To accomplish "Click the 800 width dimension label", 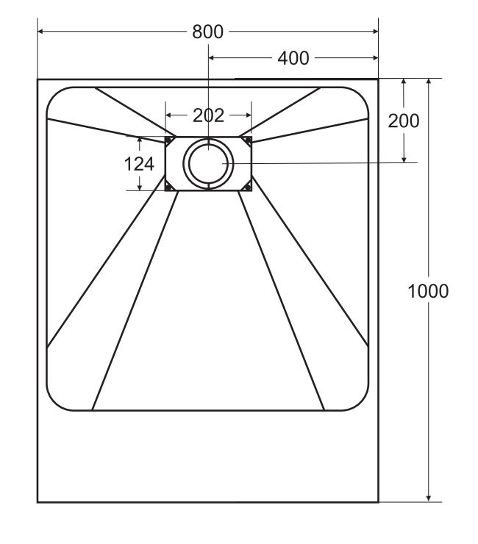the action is click(207, 32).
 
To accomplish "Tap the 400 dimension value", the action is click(293, 58).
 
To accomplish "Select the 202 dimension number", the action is click(208, 115).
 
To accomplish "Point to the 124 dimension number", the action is click(139, 164).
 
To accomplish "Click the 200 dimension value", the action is click(404, 121).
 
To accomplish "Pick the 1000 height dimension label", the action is click(428, 291).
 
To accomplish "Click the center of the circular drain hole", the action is click(208, 163).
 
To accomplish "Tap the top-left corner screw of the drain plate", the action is click(169, 140).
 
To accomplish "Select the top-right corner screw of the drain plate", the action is click(248, 140).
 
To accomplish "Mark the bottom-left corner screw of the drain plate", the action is click(169, 187).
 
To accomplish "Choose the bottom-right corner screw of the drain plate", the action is click(248, 187).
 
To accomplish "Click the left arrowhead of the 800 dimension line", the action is click(40, 32).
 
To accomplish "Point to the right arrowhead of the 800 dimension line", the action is click(375, 32).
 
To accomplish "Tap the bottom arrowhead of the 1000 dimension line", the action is click(429, 498).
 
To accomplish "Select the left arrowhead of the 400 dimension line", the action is click(211, 58).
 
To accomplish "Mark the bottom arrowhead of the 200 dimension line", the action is click(404, 160).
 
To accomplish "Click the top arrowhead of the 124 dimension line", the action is click(140, 140).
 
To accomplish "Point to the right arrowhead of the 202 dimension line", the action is click(249, 115).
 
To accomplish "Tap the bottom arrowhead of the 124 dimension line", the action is click(140, 187).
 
